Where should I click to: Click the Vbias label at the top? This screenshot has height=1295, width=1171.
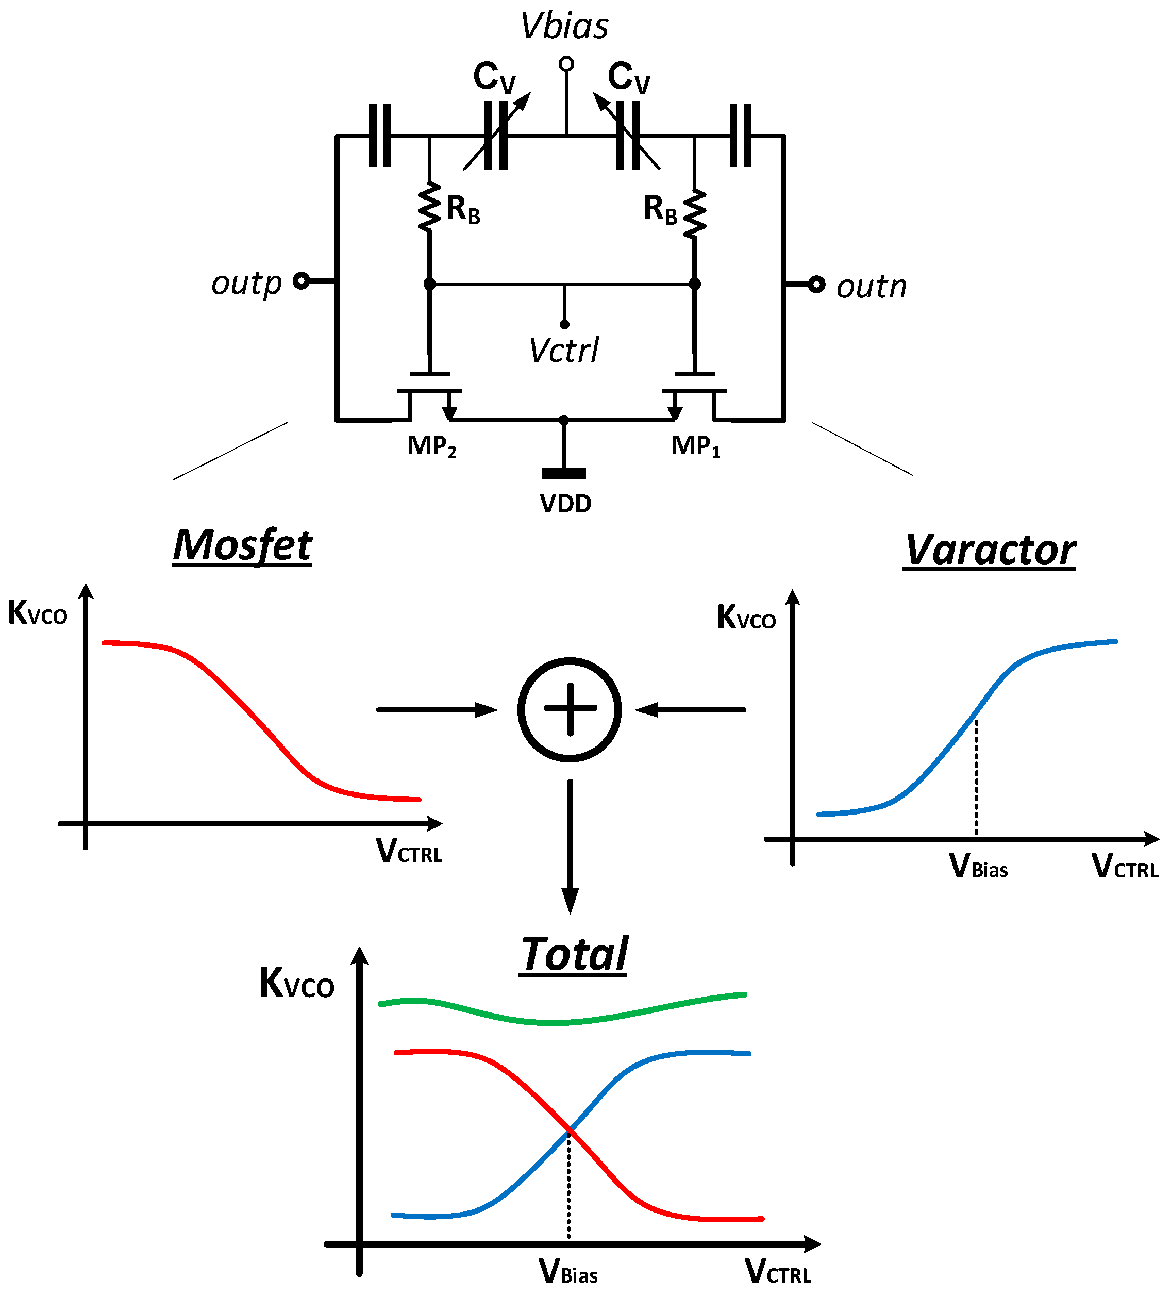tap(563, 26)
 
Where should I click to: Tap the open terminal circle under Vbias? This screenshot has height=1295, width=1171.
tap(566, 63)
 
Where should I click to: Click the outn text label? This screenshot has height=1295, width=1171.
tap(871, 287)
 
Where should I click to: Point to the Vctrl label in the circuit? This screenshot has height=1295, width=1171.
tap(563, 350)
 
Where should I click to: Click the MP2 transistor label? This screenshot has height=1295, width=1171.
tap(432, 446)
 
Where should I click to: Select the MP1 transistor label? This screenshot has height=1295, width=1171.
tap(696, 446)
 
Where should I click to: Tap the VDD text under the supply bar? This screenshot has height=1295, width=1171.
tap(565, 504)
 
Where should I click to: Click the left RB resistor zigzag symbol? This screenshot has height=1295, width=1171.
tap(429, 207)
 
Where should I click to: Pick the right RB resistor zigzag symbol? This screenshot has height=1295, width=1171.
tap(694, 213)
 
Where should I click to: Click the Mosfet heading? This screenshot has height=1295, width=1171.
tap(242, 545)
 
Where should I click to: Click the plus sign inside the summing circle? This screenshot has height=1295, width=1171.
tap(570, 709)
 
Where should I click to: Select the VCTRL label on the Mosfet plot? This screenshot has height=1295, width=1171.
tap(409, 851)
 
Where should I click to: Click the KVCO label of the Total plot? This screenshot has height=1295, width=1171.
tap(296, 984)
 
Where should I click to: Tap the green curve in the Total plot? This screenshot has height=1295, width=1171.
tap(559, 1021)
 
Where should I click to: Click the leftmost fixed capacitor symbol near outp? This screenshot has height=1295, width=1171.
tap(380, 136)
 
